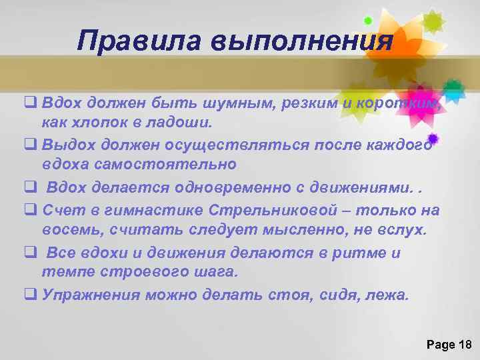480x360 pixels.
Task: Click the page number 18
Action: (465, 344)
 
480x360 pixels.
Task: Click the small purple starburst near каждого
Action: (433, 139)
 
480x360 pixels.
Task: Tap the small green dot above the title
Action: (367, 20)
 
